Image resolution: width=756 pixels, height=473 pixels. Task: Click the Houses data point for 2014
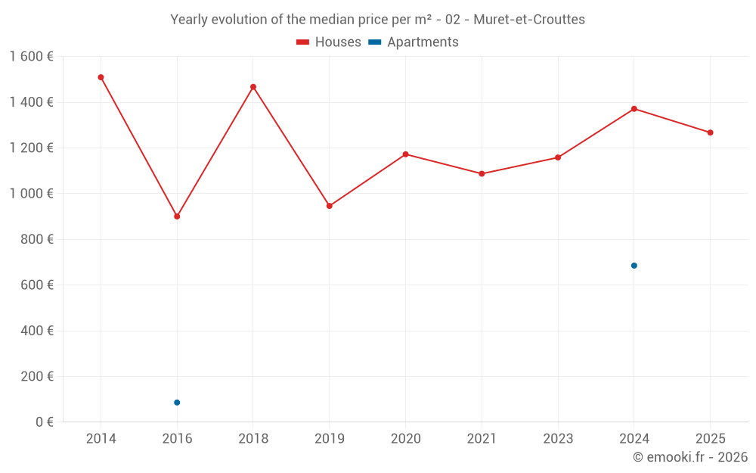101,77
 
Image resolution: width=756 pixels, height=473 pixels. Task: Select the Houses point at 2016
177,216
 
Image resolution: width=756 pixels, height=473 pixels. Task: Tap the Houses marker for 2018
253,87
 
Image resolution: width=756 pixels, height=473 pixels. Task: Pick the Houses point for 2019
330,206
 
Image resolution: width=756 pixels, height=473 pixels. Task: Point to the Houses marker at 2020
405,154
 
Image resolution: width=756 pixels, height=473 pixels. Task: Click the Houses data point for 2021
482,174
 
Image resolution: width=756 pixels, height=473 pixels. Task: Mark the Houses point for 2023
558,157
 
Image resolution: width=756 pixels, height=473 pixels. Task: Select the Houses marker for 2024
634,109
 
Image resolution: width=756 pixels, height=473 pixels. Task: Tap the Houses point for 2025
710,132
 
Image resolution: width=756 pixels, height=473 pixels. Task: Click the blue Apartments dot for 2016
177,403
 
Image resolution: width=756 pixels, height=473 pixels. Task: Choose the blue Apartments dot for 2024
634,266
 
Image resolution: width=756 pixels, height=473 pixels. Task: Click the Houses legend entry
329,42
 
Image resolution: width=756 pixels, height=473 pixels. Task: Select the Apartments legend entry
414,42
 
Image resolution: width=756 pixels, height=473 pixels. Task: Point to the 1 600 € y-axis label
31,57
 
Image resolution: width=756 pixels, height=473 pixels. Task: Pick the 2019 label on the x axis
330,439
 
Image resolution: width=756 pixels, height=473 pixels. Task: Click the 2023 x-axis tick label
558,439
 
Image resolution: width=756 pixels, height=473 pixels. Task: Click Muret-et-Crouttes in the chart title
529,20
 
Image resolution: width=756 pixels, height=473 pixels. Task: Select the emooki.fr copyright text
690,457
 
